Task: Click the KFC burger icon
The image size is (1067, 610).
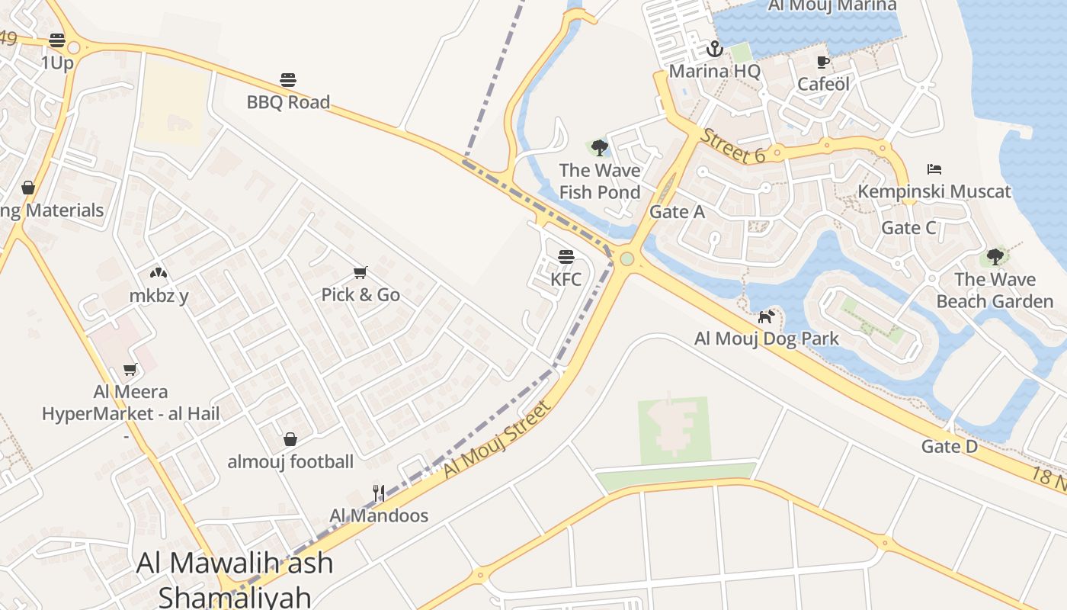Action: pyautogui.click(x=566, y=257)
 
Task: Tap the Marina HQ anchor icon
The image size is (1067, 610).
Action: pyautogui.click(x=714, y=50)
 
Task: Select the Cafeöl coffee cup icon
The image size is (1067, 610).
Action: pyautogui.click(x=822, y=62)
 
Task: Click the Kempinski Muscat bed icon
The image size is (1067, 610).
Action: pyautogui.click(x=934, y=169)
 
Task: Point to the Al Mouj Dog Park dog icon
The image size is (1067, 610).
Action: pyautogui.click(x=766, y=316)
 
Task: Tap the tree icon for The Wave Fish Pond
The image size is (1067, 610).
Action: pyautogui.click(x=600, y=147)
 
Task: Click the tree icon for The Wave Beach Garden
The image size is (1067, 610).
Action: pyautogui.click(x=995, y=256)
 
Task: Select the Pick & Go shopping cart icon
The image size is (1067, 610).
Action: pyautogui.click(x=360, y=272)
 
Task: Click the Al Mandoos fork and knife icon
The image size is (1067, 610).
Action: pyautogui.click(x=379, y=493)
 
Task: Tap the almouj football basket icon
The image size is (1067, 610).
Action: pyautogui.click(x=290, y=439)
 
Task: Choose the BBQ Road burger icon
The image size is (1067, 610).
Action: pyautogui.click(x=288, y=79)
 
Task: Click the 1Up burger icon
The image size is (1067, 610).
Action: pyautogui.click(x=57, y=40)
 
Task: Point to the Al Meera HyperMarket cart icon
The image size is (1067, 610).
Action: pyautogui.click(x=130, y=370)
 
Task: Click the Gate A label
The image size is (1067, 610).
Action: pyautogui.click(x=677, y=212)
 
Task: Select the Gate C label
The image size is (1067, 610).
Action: pyautogui.click(x=908, y=227)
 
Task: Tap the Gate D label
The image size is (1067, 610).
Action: pyautogui.click(x=949, y=446)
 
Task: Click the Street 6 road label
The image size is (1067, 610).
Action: pyautogui.click(x=732, y=146)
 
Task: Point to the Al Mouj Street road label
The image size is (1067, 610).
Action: pyautogui.click(x=496, y=440)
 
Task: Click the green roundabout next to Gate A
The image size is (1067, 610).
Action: pyautogui.click(x=627, y=259)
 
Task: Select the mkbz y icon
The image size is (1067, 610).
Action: pyautogui.click(x=159, y=273)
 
